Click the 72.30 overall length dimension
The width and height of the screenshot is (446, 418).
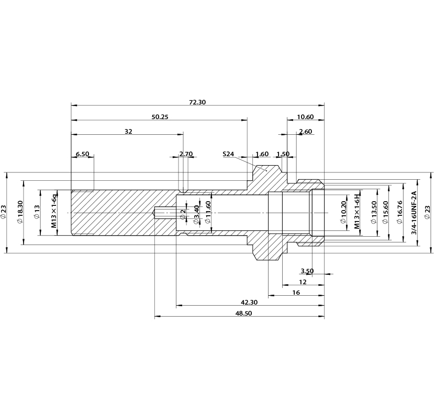[x=197, y=102]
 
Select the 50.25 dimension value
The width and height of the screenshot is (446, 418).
[x=160, y=117]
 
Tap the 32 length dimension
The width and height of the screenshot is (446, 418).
[x=128, y=132]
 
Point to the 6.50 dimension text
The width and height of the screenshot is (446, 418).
[x=82, y=154]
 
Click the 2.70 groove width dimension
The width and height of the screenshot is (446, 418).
[x=186, y=154]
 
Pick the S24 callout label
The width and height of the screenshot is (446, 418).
[x=228, y=154]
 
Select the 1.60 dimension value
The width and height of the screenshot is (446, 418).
[x=262, y=154]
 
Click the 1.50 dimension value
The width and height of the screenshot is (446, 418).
[x=283, y=154]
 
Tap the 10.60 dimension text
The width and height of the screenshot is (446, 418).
[x=305, y=117]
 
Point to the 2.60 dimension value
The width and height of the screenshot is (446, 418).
[x=306, y=132]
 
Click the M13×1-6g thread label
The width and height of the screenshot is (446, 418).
[x=54, y=211]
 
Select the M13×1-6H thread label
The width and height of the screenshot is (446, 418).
[x=358, y=211]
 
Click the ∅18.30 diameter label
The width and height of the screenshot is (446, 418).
[x=20, y=212]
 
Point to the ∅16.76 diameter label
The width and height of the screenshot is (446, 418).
[x=399, y=212]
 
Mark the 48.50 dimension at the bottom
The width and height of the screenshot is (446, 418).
[x=243, y=313]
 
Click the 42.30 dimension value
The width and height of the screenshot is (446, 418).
[x=249, y=302]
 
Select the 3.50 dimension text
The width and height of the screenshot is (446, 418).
[x=307, y=271]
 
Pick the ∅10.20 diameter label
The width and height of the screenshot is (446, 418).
[x=343, y=212]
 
